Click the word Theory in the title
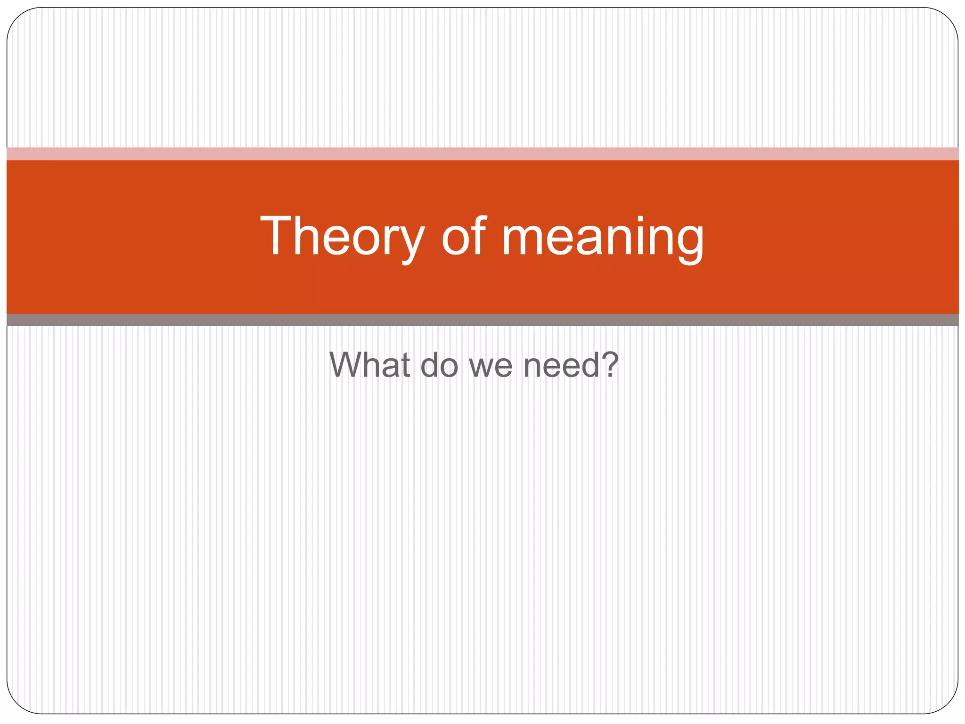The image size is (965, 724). pyautogui.click(x=343, y=237)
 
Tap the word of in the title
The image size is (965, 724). pyautogui.click(x=464, y=237)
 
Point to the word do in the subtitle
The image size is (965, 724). pyautogui.click(x=439, y=365)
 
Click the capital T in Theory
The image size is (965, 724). pyautogui.click(x=278, y=236)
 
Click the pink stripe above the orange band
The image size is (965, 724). pyautogui.click(x=482, y=154)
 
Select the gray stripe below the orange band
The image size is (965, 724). pyautogui.click(x=482, y=320)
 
